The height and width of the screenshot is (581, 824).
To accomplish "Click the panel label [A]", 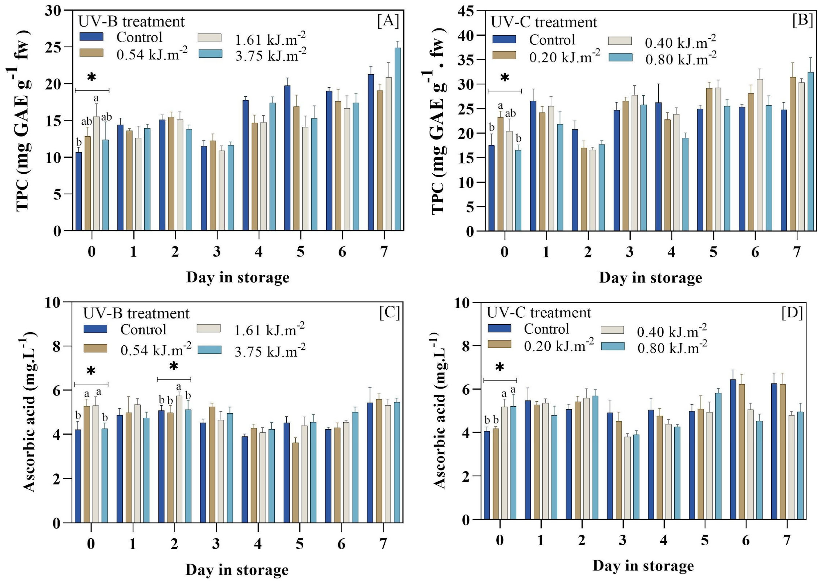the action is pyautogui.click(x=388, y=21).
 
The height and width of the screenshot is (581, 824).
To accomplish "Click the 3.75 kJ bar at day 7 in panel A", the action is pyautogui.click(x=398, y=139).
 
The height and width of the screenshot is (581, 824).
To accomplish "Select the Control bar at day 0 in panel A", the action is pyautogui.click(x=79, y=191).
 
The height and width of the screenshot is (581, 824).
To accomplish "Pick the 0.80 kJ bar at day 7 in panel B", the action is pyautogui.click(x=811, y=151).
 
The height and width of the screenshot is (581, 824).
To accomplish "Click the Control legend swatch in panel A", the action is pyautogui.click(x=91, y=37).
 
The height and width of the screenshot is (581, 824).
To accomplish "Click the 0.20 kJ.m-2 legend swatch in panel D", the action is pyautogui.click(x=499, y=344).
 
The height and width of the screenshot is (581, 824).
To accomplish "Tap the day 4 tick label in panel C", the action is pyautogui.click(x=258, y=544).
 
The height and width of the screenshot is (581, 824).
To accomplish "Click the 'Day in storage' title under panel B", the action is pyautogui.click(x=650, y=278).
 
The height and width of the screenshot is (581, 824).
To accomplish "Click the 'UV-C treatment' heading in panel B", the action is pyautogui.click(x=544, y=22).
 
